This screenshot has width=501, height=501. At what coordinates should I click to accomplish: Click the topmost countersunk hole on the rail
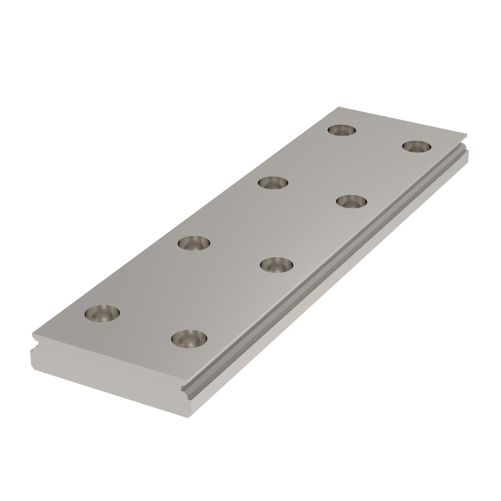pyautogui.click(x=342, y=130)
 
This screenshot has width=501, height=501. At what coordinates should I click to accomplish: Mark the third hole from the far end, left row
pyautogui.click(x=194, y=243)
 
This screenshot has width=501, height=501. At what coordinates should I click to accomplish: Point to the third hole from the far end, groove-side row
pyautogui.click(x=276, y=265)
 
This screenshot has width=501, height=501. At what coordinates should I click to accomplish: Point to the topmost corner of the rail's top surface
pyautogui.click(x=339, y=108)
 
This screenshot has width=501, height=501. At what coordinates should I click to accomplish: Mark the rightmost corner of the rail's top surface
pyautogui.click(x=466, y=136)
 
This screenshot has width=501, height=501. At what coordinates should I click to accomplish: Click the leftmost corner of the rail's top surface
pyautogui.click(x=32, y=334)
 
